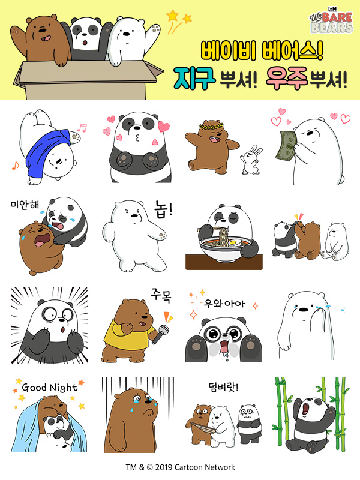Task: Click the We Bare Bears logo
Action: tap(331, 20)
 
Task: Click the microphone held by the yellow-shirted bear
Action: tap(160, 334)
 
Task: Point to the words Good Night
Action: tap(50, 388)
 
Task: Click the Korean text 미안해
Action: tap(25, 205)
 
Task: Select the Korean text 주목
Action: tap(161, 295)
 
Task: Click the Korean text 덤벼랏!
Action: tap(223, 387)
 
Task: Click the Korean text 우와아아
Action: tap(224, 304)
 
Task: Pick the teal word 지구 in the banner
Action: tap(194, 79)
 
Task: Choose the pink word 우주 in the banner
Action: tap(287, 79)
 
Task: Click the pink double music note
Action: tap(82, 128)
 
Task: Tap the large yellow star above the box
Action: tap(173, 16)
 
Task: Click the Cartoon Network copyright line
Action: tap(181, 467)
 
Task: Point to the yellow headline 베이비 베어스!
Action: tap(262, 51)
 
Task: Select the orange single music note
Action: tap(16, 166)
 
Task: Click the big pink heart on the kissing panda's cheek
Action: tap(164, 127)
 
